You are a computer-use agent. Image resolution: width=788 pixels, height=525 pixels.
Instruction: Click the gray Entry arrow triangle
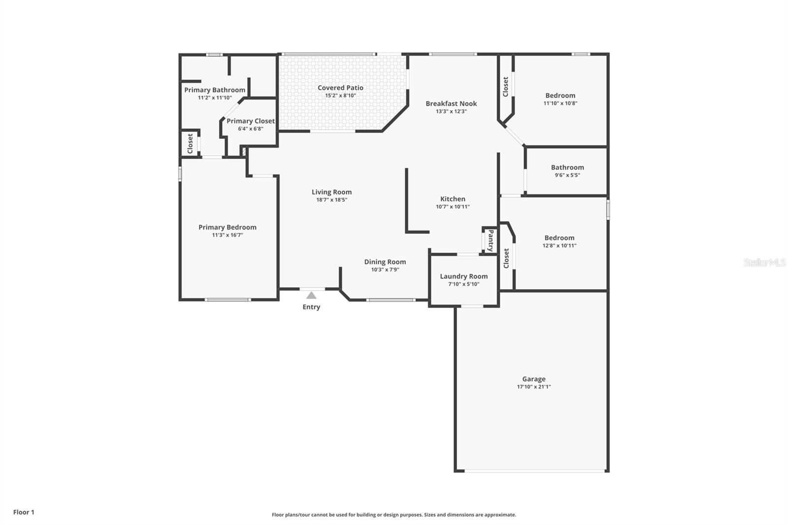(x=311, y=295)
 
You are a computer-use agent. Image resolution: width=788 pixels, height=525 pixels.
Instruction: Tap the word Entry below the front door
(x=311, y=307)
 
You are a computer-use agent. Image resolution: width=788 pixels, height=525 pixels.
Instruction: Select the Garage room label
(x=534, y=379)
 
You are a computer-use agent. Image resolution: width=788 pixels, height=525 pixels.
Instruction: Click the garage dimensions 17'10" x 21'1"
(x=534, y=387)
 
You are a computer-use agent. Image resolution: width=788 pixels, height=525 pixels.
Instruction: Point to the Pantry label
(x=491, y=240)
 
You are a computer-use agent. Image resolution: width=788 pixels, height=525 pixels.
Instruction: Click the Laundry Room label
(x=463, y=276)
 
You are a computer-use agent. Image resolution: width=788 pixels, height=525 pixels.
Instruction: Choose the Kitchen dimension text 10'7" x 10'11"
(x=453, y=207)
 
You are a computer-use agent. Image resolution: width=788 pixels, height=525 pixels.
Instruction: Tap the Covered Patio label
(x=340, y=88)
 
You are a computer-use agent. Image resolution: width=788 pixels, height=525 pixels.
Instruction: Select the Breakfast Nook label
(x=451, y=103)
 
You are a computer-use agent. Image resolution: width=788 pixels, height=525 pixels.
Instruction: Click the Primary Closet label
(x=250, y=121)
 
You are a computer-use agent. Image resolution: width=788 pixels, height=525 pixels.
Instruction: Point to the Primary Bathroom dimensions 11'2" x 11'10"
(x=215, y=98)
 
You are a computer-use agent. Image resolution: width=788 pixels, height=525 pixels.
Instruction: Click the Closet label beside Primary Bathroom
(x=190, y=143)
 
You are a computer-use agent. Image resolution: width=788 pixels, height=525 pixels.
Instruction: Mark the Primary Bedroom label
(x=227, y=227)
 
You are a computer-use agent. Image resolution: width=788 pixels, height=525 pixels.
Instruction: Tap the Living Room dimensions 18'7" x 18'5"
(x=331, y=200)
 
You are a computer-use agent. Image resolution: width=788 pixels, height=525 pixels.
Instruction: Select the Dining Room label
(x=385, y=262)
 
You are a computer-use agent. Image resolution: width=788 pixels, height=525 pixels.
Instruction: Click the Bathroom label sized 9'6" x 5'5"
(x=567, y=167)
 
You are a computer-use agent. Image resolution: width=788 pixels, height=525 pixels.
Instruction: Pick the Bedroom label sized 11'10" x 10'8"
(x=560, y=96)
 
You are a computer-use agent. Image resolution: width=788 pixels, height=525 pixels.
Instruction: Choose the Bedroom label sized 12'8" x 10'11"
(x=559, y=237)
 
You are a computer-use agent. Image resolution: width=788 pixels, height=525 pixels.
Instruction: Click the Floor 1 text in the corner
(x=24, y=512)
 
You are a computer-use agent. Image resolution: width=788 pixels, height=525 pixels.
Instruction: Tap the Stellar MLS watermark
(x=764, y=262)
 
